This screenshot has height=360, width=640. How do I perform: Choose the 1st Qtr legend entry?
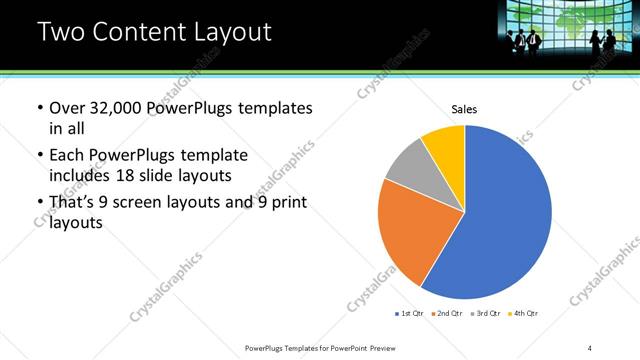pyautogui.click(x=409, y=314)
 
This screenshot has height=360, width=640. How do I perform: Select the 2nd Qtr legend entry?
pyautogui.click(x=445, y=314)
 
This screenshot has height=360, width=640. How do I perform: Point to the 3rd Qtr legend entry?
pyautogui.click(x=484, y=314)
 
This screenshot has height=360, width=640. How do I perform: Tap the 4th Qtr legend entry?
pyautogui.click(x=523, y=314)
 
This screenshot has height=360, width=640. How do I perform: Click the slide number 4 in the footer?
pyautogui.click(x=590, y=347)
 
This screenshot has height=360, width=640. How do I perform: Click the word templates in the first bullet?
pyautogui.click(x=273, y=108)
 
